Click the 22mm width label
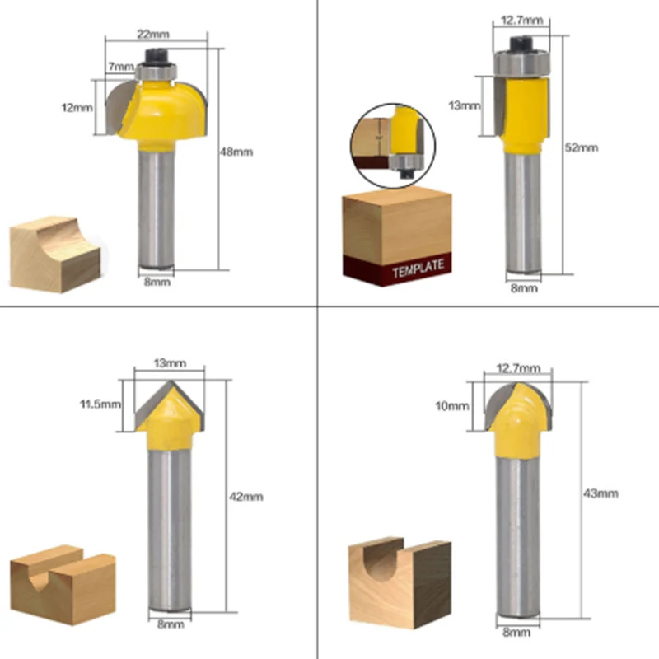click(x=153, y=34)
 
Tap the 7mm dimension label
click(x=121, y=67)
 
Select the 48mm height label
click(x=236, y=152)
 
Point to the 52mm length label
click(x=582, y=147)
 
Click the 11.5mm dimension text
click(x=100, y=404)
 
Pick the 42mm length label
click(x=245, y=497)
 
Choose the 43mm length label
click(x=601, y=493)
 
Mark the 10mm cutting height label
click(x=451, y=406)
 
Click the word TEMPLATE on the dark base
click(x=418, y=269)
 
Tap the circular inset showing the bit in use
click(x=393, y=146)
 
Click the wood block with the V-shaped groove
click(x=63, y=585)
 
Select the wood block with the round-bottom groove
click(x=400, y=582)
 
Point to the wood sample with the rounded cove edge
click(x=55, y=254)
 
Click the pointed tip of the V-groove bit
click(x=171, y=381)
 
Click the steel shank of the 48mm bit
click(x=157, y=209)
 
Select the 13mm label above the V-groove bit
click(x=170, y=363)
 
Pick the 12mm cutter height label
click(x=77, y=108)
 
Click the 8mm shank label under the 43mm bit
click(x=516, y=632)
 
